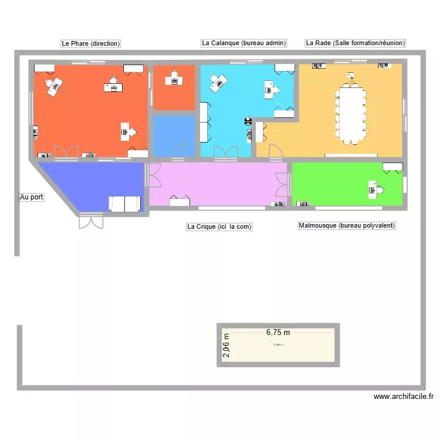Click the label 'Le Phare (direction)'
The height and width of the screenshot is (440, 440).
click(x=90, y=43)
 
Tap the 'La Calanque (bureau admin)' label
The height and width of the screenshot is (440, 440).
click(x=243, y=43)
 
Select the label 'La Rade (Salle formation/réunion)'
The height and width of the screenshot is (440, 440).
click(x=356, y=43)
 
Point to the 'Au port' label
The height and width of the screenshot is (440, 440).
click(x=31, y=197)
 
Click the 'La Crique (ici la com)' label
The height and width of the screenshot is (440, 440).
click(x=219, y=226)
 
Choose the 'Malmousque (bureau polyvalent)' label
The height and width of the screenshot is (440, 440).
click(x=347, y=225)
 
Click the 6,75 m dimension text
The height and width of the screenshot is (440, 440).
click(x=278, y=331)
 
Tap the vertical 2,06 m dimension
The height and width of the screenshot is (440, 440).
click(x=226, y=346)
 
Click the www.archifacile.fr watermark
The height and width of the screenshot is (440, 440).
click(x=404, y=397)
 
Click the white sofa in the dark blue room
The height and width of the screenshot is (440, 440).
click(x=124, y=204)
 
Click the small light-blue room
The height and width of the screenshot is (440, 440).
click(x=174, y=134)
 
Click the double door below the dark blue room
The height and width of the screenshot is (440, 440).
click(x=91, y=222)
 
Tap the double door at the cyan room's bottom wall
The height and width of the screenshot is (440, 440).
click(x=226, y=152)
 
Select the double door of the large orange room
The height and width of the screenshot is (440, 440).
click(x=66, y=152)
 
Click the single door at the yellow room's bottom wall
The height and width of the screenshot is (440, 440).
click(x=275, y=151)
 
